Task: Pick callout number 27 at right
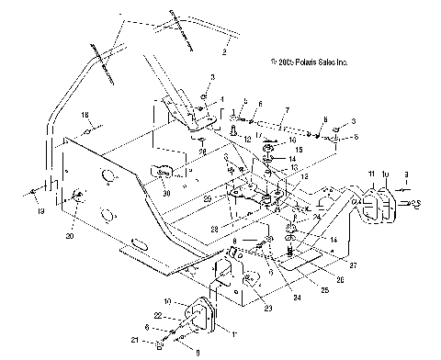(x=326, y=264)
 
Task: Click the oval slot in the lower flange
(x=139, y=245)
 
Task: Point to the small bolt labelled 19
(x=34, y=191)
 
